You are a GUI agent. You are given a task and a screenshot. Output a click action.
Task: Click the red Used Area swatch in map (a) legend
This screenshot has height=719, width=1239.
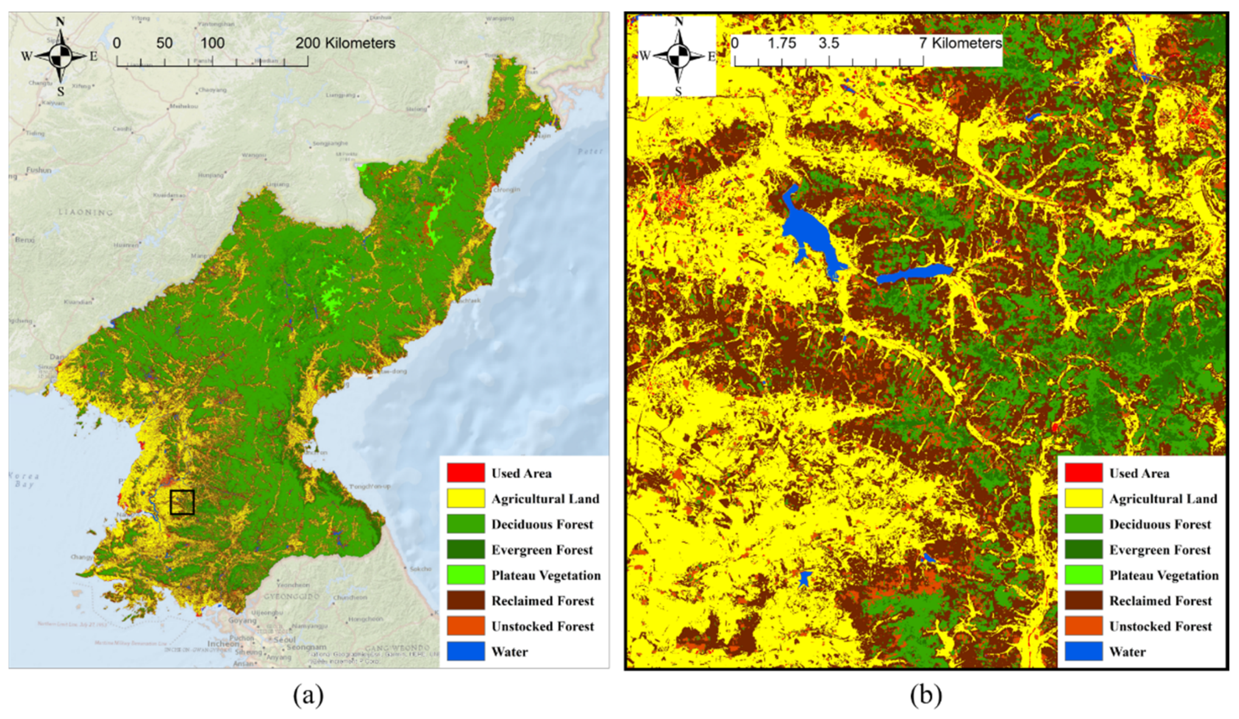(x=466, y=473)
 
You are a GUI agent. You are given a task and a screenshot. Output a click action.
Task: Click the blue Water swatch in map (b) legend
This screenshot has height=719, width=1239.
(x=1084, y=652)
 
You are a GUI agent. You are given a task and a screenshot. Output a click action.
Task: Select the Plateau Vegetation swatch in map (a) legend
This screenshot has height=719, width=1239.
(x=466, y=575)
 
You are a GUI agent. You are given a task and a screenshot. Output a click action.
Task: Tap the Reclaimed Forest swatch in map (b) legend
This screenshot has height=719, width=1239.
(x=1084, y=600)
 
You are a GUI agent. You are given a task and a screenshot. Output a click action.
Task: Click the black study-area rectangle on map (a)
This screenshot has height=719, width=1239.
(x=182, y=502)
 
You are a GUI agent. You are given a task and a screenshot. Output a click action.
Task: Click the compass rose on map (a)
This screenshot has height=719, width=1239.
(x=60, y=56)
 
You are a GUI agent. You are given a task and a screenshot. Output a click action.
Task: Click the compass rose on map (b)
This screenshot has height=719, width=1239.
(x=679, y=56)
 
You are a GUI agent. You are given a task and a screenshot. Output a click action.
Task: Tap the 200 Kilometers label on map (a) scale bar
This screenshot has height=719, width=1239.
(x=345, y=43)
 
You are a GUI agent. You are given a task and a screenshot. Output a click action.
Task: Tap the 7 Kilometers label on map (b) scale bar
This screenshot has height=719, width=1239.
(x=960, y=43)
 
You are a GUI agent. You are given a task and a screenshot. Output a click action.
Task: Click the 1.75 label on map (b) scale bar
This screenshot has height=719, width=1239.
(x=782, y=43)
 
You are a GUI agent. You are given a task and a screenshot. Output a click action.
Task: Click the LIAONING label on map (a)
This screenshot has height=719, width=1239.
(x=85, y=212)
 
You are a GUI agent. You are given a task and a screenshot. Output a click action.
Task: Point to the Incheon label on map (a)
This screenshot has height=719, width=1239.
(x=223, y=643)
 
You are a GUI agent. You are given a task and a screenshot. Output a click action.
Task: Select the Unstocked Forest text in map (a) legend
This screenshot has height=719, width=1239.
(x=543, y=626)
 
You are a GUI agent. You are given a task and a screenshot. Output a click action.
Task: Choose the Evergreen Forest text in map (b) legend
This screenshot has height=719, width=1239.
(x=1160, y=549)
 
